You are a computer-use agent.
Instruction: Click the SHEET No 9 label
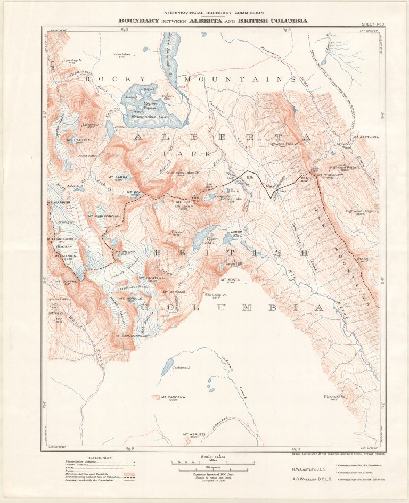[373, 24]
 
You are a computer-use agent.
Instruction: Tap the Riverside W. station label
[336, 397]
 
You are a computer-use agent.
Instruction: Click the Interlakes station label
[122, 54]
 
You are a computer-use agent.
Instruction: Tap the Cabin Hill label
[234, 263]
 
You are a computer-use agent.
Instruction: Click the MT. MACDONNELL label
[127, 336]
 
